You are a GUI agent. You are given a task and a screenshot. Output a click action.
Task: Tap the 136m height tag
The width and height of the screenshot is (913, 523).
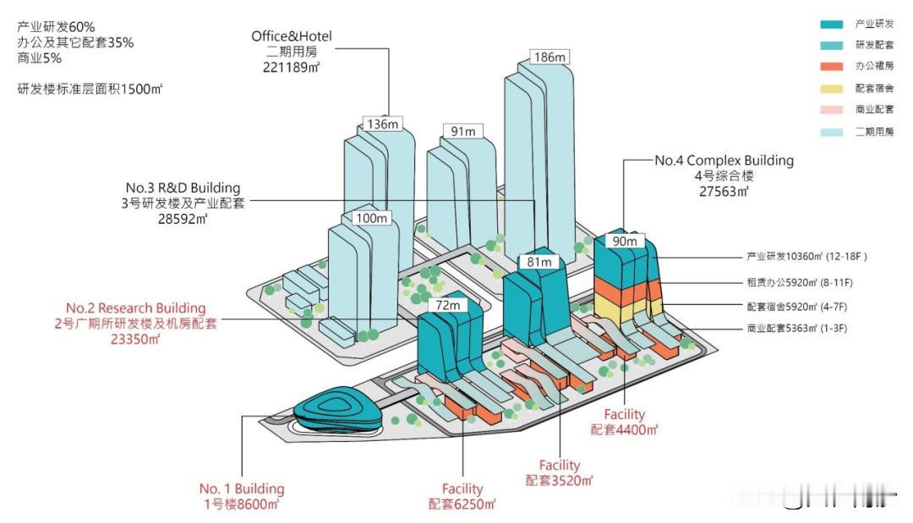(383, 123)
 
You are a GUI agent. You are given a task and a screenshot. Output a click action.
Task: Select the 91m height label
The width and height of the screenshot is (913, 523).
(462, 131)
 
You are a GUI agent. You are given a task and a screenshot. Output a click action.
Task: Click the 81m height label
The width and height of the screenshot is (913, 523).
(539, 262)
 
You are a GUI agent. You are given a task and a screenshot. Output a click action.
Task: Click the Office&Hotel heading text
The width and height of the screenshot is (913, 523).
(292, 36)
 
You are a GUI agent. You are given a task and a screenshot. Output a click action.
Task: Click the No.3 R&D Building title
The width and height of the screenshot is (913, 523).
(183, 187)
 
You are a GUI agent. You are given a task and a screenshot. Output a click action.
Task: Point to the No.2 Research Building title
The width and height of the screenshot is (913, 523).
(135, 308)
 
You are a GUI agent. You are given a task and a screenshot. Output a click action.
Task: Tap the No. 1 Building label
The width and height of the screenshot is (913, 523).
(242, 488)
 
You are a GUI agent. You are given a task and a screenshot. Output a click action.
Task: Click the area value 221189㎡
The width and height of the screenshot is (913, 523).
(292, 66)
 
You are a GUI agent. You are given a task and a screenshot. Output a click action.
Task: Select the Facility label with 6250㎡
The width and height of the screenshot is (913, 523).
(462, 488)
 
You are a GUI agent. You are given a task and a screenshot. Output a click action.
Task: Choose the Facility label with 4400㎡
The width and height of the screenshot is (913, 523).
(624, 414)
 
